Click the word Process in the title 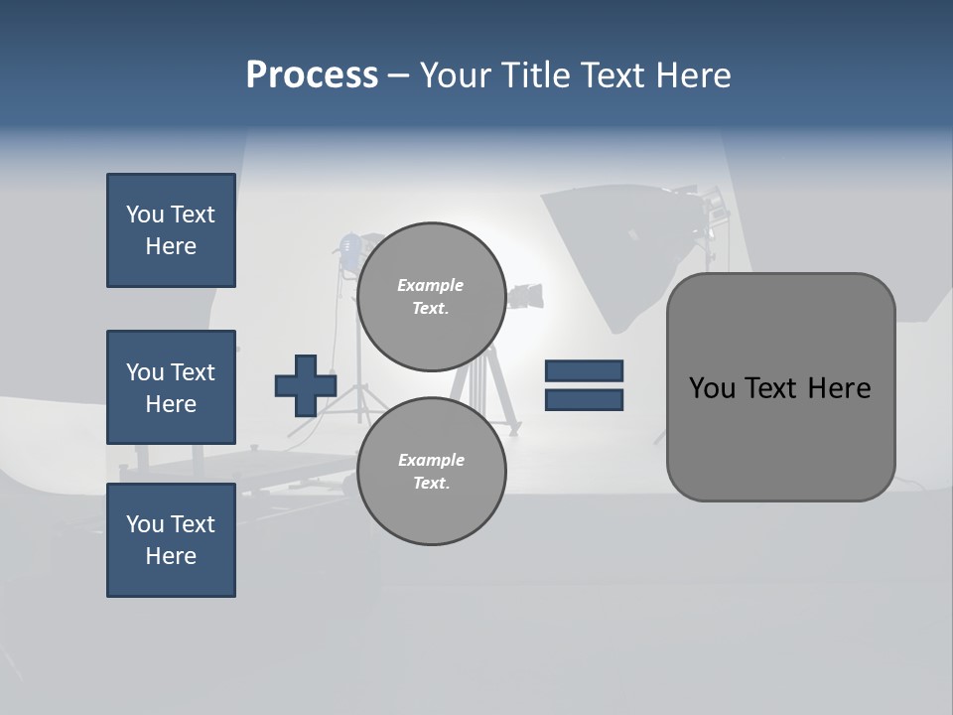312,75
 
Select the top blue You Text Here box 171,230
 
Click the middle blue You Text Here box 171,387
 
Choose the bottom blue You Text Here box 171,540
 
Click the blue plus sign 305,385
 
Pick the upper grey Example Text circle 431,296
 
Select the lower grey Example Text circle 431,471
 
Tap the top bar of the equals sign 584,370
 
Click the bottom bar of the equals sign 584,399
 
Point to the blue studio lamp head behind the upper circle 350,247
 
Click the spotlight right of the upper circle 525,295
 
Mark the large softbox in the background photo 615,248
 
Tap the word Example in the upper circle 430,285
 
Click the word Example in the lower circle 431,460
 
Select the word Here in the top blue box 171,246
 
